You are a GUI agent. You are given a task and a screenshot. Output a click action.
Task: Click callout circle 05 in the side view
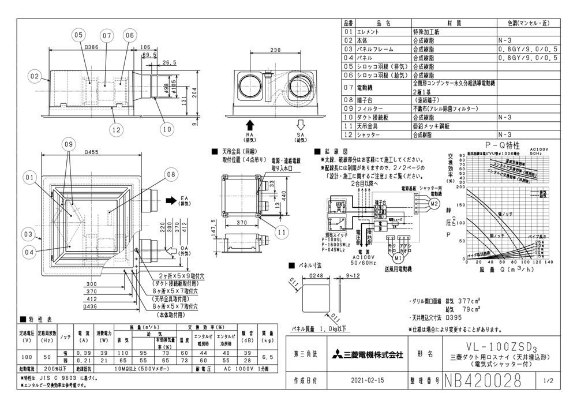tap(80, 35)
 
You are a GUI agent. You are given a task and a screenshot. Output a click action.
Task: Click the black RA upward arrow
tap(249, 125)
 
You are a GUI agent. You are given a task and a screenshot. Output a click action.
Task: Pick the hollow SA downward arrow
tap(299, 125)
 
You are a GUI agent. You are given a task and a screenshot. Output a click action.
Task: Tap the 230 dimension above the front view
tap(275, 51)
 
